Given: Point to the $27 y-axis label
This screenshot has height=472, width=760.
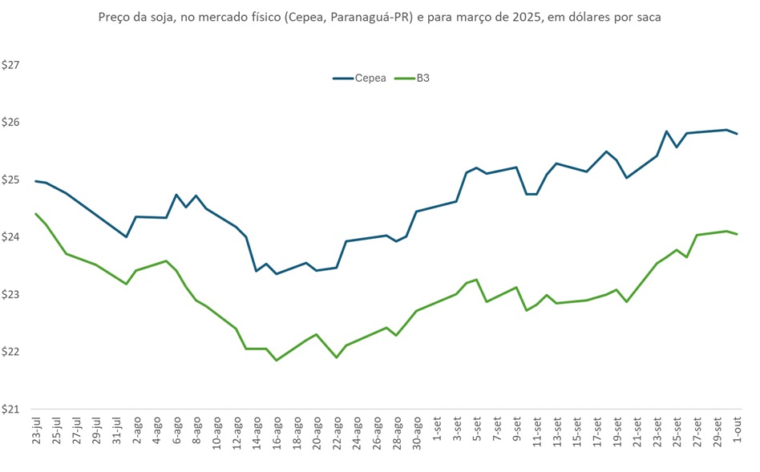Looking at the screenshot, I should [12, 65].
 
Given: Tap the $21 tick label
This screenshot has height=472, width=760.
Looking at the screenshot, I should [12, 409].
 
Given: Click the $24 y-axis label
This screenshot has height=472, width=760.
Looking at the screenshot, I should [12, 237].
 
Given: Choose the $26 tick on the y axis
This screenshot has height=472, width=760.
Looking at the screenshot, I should [12, 123].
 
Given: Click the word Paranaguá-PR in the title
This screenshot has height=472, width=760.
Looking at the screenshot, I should [374, 17].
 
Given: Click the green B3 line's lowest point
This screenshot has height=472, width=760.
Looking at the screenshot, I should [277, 361].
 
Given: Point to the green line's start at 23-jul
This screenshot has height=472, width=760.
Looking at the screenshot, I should [36, 214].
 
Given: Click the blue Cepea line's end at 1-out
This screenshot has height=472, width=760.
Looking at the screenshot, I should [737, 134].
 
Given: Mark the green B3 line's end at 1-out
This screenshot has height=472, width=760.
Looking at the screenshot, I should [737, 234].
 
